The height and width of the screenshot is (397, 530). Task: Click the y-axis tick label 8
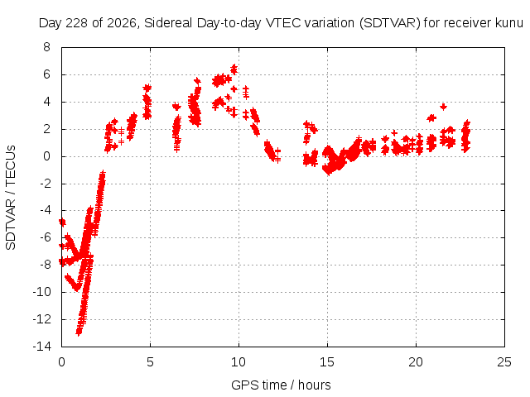(x=46, y=47)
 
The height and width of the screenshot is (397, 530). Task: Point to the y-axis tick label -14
(x=41, y=347)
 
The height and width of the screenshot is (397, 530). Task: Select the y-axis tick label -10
(x=41, y=292)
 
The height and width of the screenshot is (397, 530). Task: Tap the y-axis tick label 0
(x=46, y=156)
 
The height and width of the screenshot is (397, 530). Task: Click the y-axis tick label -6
(x=44, y=237)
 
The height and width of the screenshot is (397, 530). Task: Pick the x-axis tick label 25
(x=504, y=362)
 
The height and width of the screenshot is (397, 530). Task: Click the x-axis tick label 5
(x=150, y=362)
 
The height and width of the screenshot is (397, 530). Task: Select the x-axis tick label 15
(x=327, y=362)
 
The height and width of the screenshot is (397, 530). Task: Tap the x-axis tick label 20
(x=416, y=362)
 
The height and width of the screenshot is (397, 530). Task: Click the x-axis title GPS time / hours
(x=281, y=385)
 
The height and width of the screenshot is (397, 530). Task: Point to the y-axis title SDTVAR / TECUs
(x=11, y=198)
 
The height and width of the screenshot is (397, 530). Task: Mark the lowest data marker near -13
(x=79, y=332)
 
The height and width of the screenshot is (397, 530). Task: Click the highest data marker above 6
(x=234, y=68)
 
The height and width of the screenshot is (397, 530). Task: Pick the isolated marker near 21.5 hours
(x=444, y=107)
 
